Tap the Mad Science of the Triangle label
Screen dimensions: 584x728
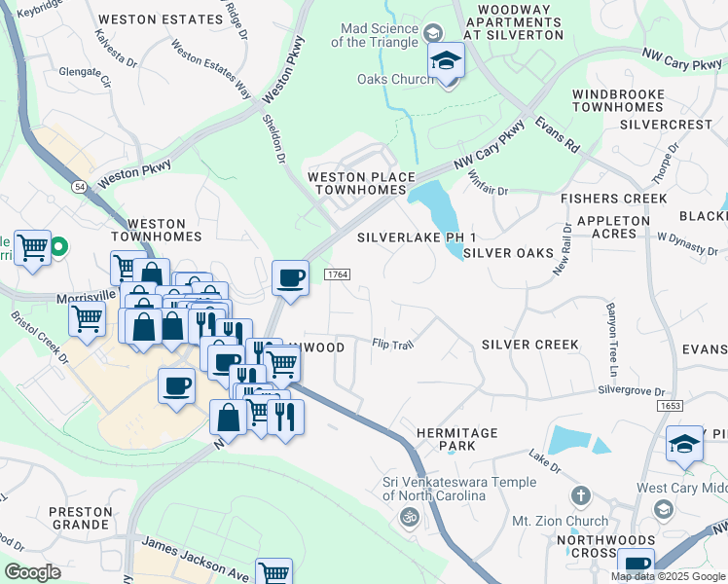pyautogui.click(x=375, y=35)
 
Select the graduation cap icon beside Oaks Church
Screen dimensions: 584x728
pyautogui.click(x=447, y=62)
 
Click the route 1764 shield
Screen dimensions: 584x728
pyautogui.click(x=337, y=275)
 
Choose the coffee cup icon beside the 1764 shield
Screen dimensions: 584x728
pyautogui.click(x=290, y=278)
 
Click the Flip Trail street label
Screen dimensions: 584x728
pyautogui.click(x=394, y=344)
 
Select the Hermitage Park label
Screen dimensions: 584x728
pyautogui.click(x=456, y=439)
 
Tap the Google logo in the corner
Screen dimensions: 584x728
pyautogui.click(x=32, y=572)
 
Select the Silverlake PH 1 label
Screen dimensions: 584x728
pyautogui.click(x=416, y=237)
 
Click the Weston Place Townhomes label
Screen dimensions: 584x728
pyautogui.click(x=355, y=183)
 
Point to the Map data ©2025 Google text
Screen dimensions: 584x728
pyautogui.click(x=667, y=575)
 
